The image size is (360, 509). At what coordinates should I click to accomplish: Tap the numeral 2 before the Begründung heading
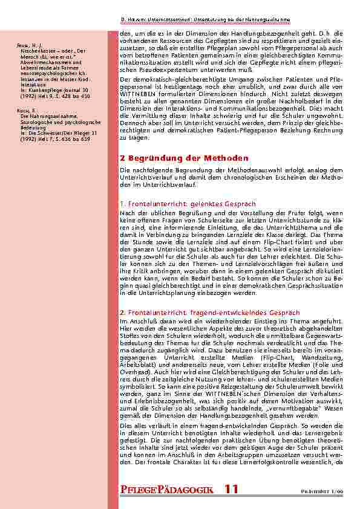(x=123, y=158)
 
